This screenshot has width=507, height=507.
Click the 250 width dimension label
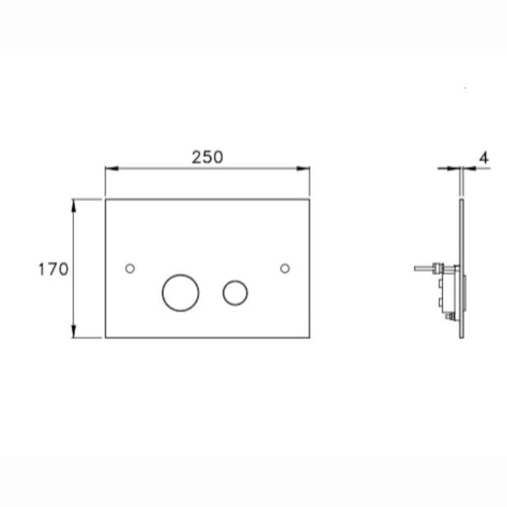[207, 157]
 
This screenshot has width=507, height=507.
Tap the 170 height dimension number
[53, 269]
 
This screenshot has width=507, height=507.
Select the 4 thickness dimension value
[484, 158]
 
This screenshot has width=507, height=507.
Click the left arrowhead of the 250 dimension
[112, 168]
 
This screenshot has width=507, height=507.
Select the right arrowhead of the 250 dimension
[303, 168]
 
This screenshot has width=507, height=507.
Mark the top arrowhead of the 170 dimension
[73, 206]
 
